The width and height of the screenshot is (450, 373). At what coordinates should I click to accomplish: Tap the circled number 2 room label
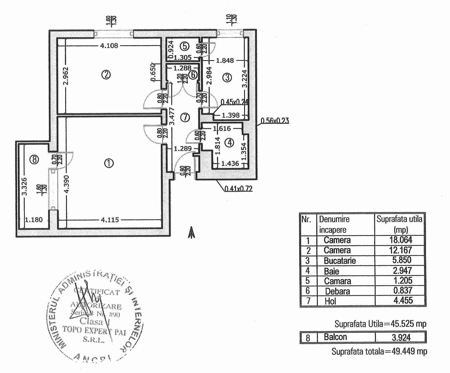(106, 75)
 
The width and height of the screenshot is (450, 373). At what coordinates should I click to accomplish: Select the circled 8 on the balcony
(34, 160)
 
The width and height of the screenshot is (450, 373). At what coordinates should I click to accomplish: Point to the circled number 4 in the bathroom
(229, 143)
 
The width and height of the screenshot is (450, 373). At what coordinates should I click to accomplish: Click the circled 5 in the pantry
(184, 46)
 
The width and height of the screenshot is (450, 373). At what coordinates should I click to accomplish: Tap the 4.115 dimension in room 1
(109, 220)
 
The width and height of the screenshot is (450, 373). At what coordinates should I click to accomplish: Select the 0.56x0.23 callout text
(274, 121)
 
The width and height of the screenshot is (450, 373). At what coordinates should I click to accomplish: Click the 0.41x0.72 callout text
(238, 189)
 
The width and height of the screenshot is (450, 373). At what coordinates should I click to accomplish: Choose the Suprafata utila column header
(399, 224)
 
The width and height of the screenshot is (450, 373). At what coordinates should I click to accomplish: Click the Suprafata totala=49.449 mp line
(379, 352)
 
